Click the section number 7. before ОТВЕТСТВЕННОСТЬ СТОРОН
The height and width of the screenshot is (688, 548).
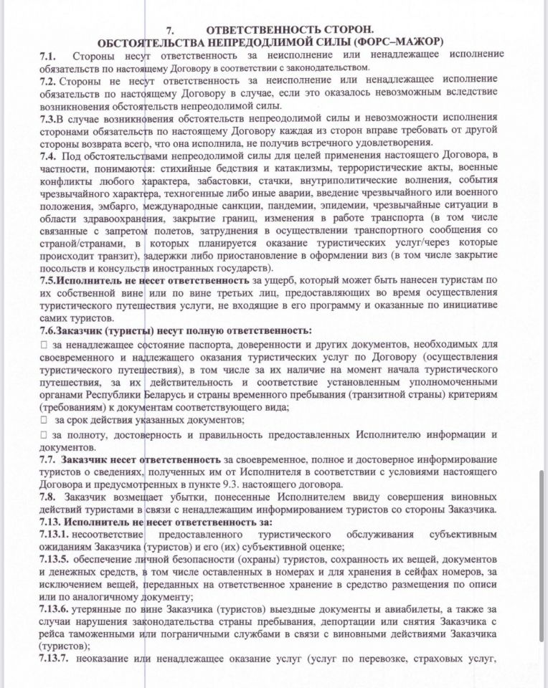(171, 29)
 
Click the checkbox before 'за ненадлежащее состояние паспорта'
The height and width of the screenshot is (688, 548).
(44, 345)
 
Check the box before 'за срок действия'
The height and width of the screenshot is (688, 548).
(44, 420)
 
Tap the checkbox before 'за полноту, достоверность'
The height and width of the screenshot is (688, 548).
(44, 435)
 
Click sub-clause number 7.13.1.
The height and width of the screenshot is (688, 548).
(55, 535)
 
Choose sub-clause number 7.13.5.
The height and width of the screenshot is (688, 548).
(55, 560)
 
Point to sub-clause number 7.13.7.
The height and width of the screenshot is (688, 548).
(55, 660)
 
